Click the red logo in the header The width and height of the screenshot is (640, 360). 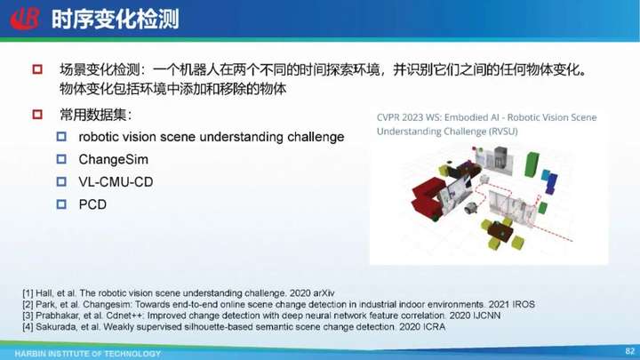(x=25, y=19)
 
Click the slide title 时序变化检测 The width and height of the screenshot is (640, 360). (x=116, y=20)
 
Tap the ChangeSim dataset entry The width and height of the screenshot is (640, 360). (x=114, y=159)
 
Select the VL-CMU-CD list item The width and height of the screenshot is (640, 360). (x=116, y=181)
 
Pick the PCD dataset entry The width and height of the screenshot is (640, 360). (x=92, y=204)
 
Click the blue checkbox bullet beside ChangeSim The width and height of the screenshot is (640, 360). (x=61, y=159)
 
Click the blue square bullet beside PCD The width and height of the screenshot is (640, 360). (x=61, y=204)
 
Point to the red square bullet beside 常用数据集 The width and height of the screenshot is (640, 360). (x=37, y=115)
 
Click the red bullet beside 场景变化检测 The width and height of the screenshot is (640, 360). (x=37, y=69)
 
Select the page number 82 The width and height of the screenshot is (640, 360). (x=630, y=350)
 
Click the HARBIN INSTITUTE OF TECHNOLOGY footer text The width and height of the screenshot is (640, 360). (x=88, y=354)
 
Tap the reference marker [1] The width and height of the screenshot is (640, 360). (x=28, y=293)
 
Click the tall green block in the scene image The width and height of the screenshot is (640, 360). (x=532, y=164)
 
